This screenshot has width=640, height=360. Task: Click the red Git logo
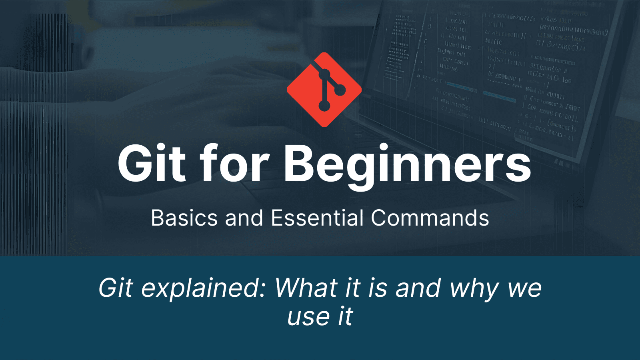tap(324, 90)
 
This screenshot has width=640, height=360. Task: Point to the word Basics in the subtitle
tap(184, 218)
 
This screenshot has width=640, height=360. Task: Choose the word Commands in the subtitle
tap(430, 218)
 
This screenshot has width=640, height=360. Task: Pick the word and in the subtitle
tap(244, 218)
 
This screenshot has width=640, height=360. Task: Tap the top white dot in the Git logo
tap(324, 74)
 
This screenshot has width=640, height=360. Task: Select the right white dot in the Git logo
tap(340, 90)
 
